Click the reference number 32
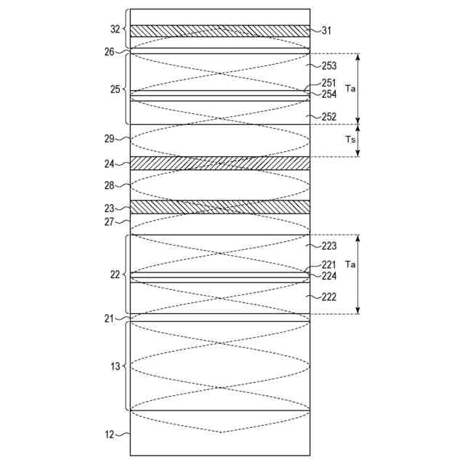coord(115,30)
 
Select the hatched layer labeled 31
coord(219,31)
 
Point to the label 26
coord(109,51)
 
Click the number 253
coord(329,65)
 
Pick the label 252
coord(329,116)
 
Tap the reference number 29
coord(110,137)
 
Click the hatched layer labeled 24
coord(219,163)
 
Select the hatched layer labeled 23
coord(219,207)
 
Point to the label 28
coord(110,185)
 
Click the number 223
coord(329,246)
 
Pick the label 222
coord(329,296)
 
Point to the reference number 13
coord(115,366)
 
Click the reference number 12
coord(110,434)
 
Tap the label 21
coord(110,318)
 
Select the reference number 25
coord(115,89)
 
